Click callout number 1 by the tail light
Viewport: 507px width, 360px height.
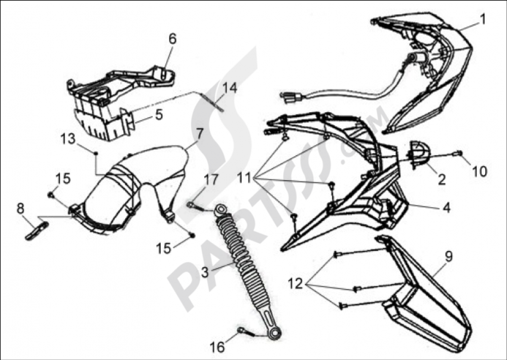pyautogui.click(x=483, y=20)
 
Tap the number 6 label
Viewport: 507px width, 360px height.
pyautogui.click(x=173, y=39)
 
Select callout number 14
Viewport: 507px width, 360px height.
pyautogui.click(x=230, y=88)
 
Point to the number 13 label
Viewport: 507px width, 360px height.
pyautogui.click(x=68, y=139)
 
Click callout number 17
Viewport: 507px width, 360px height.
pyautogui.click(x=211, y=180)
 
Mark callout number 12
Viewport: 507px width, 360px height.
pyautogui.click(x=295, y=283)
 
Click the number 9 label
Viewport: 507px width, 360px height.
pyautogui.click(x=449, y=257)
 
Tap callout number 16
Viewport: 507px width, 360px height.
pyautogui.click(x=217, y=347)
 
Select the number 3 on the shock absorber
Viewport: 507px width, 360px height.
pyautogui.click(x=205, y=272)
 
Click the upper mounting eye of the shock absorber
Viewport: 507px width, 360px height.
pyautogui.click(x=221, y=210)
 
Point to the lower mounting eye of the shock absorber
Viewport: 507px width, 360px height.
pyautogui.click(x=274, y=333)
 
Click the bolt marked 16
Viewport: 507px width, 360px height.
pyautogui.click(x=246, y=332)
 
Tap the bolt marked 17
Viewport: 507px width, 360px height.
pyautogui.click(x=195, y=206)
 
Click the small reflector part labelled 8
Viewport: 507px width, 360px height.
pyautogui.click(x=37, y=231)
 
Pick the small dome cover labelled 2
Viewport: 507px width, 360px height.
pyautogui.click(x=420, y=154)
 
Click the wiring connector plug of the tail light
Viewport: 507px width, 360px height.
pyautogui.click(x=293, y=97)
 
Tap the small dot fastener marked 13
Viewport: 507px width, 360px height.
pyautogui.click(x=96, y=152)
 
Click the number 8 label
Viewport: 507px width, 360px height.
pyautogui.click(x=20, y=208)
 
